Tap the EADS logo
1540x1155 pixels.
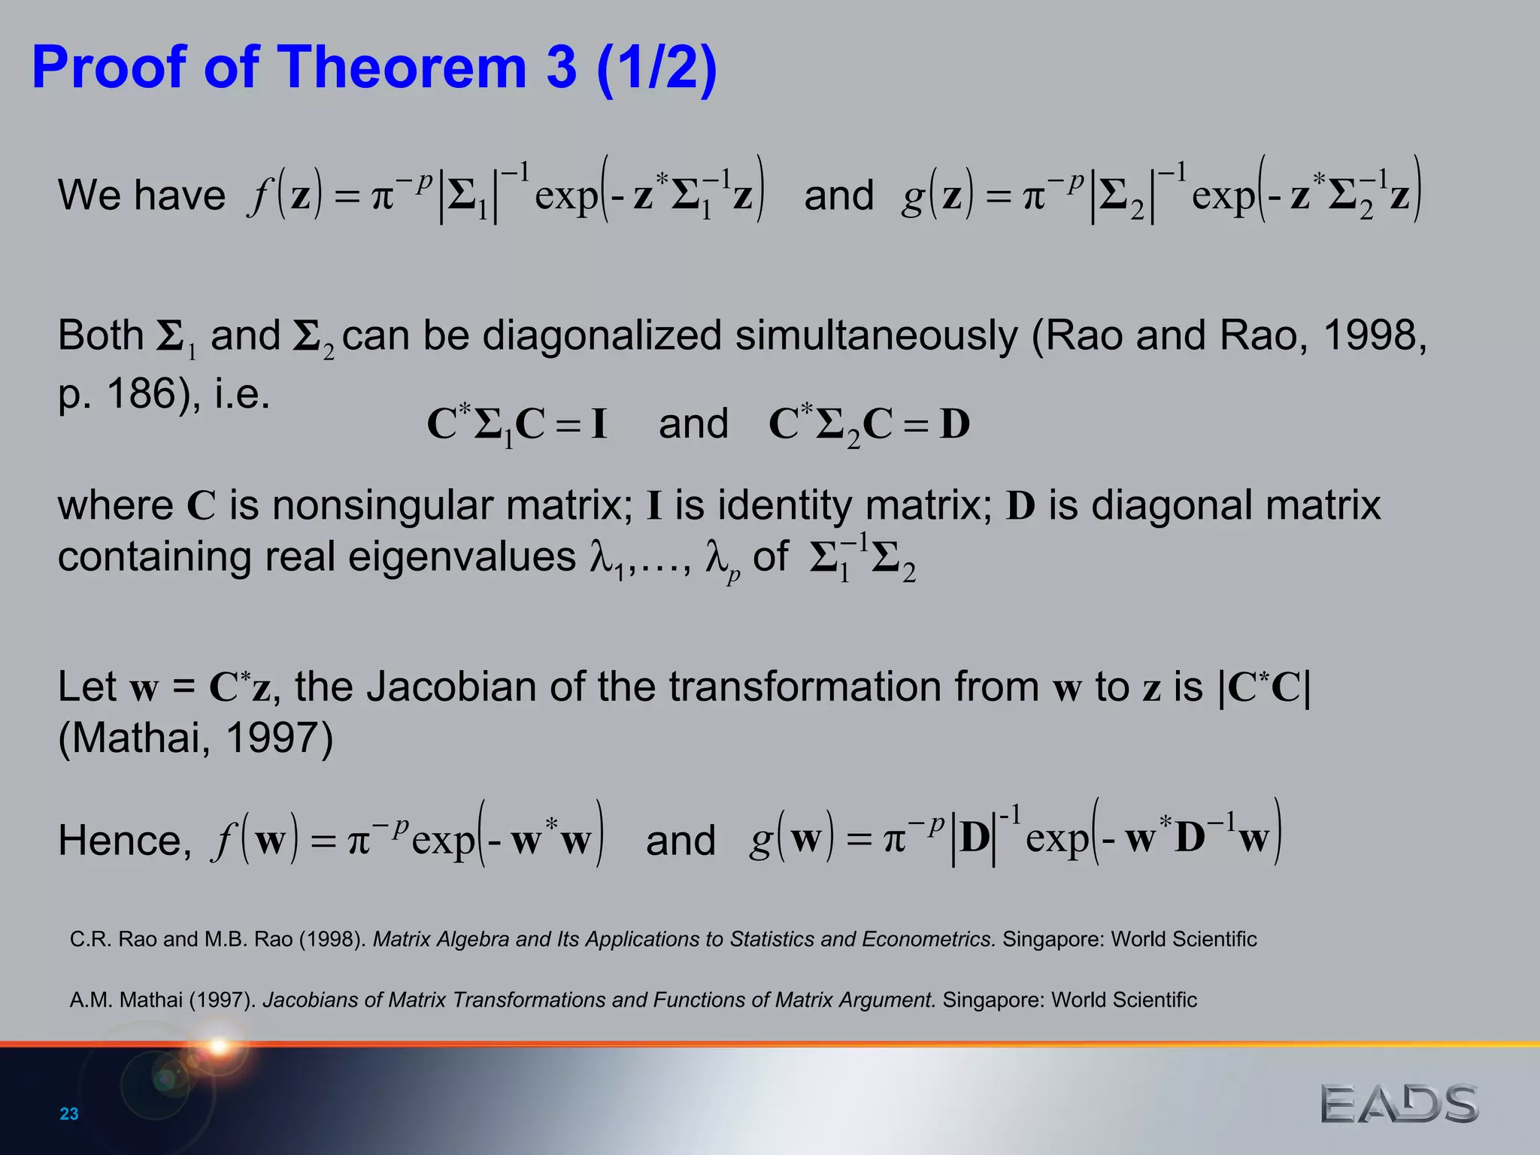tap(1399, 1104)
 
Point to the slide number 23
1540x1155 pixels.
tap(69, 1114)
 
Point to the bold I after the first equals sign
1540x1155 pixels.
tap(599, 424)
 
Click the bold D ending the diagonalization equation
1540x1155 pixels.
tap(955, 424)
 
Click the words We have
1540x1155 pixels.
tap(141, 196)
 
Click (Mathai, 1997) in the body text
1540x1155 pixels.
tap(196, 738)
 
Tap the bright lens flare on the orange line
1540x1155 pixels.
tap(219, 1045)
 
